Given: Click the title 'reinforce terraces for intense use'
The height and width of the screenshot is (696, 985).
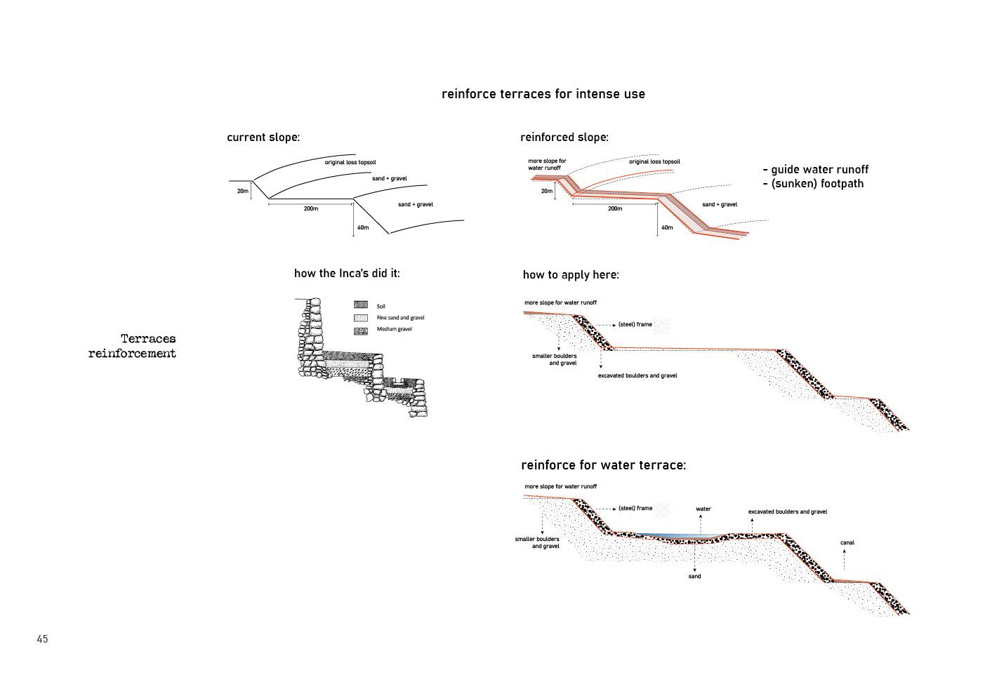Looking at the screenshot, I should click(x=543, y=94).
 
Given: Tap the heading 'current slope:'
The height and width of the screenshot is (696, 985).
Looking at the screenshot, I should click(x=263, y=138).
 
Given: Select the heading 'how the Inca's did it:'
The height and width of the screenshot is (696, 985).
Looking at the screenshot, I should click(x=347, y=274).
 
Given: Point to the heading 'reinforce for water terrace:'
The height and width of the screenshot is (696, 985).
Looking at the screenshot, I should click(x=603, y=465).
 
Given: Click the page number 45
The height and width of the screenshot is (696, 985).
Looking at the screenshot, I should click(x=43, y=639).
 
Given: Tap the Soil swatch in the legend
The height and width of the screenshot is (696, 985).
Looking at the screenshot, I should click(x=361, y=305).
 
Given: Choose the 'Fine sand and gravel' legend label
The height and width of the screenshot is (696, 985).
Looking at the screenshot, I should click(x=400, y=318).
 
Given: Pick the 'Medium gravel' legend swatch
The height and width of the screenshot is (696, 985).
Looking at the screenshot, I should click(x=361, y=330).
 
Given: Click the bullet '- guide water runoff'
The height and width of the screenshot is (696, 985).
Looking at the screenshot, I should click(x=815, y=170).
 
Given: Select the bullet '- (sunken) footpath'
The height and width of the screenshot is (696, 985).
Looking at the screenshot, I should click(x=813, y=184).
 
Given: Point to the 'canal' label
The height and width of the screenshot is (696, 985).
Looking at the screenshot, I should click(x=847, y=542).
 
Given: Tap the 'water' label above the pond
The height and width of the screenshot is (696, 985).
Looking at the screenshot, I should click(x=703, y=509).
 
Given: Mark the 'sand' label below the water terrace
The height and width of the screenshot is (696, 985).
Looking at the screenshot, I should click(x=694, y=576).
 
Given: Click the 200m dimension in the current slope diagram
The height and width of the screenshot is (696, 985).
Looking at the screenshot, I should click(x=311, y=209).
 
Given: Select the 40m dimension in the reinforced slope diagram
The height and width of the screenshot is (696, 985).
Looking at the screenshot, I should click(x=667, y=227).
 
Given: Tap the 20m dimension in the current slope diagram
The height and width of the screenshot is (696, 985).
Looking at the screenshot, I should click(x=242, y=191).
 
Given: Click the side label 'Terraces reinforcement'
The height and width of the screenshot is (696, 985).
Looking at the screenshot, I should click(x=133, y=347).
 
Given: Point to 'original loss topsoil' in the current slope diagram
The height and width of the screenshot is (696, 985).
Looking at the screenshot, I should click(x=350, y=162).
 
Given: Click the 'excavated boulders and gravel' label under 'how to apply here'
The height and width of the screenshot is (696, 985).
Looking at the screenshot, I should click(x=637, y=375).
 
